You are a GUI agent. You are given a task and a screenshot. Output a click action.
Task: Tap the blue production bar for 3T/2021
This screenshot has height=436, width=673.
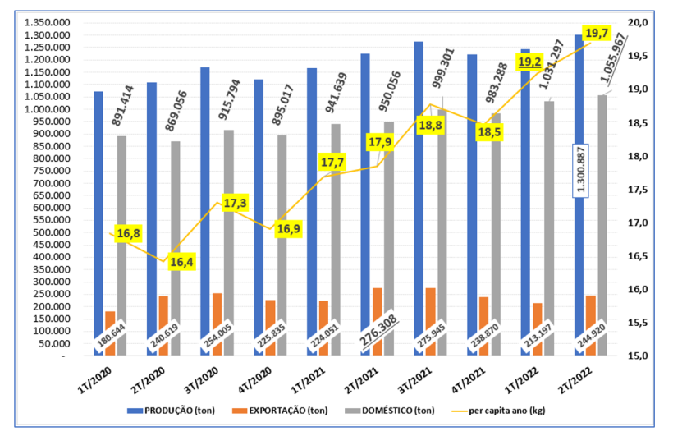[419, 197]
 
